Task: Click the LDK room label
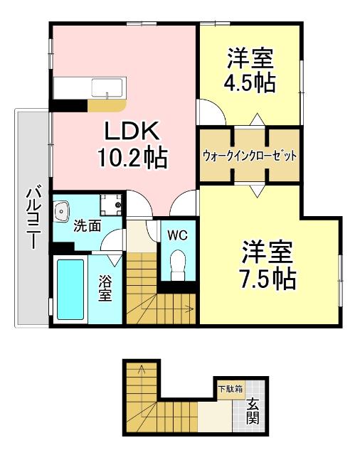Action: coord(135,133)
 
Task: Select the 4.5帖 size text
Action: coord(250,82)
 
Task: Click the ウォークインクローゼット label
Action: coord(249,156)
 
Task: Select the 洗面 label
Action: coord(88,227)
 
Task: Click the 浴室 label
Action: coord(105,289)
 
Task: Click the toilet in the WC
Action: coord(177,264)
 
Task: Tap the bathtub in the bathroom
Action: coord(70,290)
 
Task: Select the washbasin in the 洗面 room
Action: coord(63,211)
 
